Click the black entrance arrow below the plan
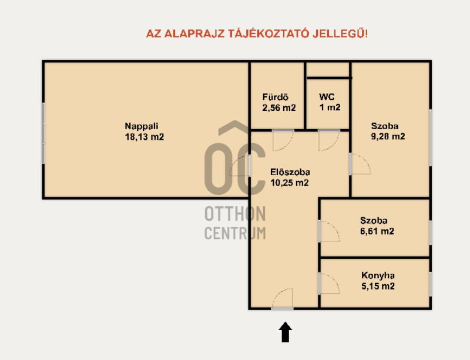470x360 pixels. [x=286, y=332]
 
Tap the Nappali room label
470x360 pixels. [x=142, y=126]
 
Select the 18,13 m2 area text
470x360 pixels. [x=145, y=137]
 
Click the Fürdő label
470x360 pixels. [x=275, y=97]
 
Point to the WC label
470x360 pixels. [x=327, y=97]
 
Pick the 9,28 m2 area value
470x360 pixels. [x=388, y=136]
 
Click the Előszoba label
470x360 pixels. [x=290, y=172]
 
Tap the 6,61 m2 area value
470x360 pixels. [x=377, y=231]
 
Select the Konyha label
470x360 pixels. [x=378, y=275]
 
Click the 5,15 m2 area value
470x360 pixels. [x=378, y=286]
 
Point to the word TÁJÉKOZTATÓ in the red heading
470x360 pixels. [x=268, y=33]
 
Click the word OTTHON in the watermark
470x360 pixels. [x=235, y=214]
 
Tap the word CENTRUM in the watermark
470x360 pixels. [x=235, y=233]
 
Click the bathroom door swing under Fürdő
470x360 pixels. [x=283, y=140]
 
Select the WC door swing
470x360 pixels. [x=329, y=140]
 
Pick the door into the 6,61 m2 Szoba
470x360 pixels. [x=329, y=231]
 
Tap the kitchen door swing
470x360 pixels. [x=329, y=283]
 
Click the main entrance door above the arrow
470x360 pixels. [x=283, y=299]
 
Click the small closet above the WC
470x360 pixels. [x=328, y=70]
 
